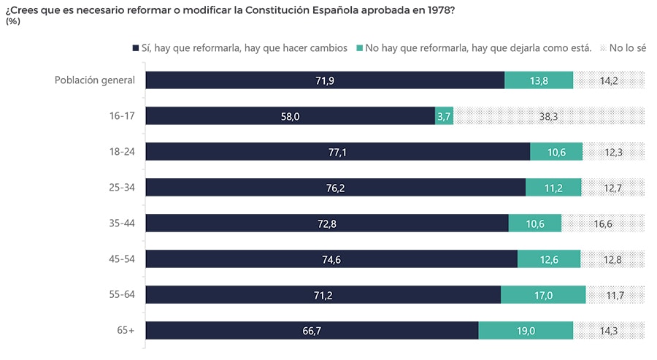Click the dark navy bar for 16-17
click(x=290, y=116)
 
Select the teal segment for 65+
click(x=526, y=330)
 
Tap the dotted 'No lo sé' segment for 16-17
click(x=549, y=116)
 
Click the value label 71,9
click(x=325, y=80)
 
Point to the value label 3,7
click(x=444, y=116)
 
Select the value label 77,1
click(x=338, y=152)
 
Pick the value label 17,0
click(x=543, y=295)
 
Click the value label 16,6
click(x=603, y=223)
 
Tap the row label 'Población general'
click(x=95, y=80)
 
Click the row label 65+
click(x=126, y=330)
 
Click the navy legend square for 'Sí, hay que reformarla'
click(x=135, y=48)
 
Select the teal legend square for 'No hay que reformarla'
click(x=359, y=48)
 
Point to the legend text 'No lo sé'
click(x=627, y=48)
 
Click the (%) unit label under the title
click(x=12, y=21)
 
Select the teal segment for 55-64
click(x=543, y=295)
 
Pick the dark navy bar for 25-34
click(x=335, y=188)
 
